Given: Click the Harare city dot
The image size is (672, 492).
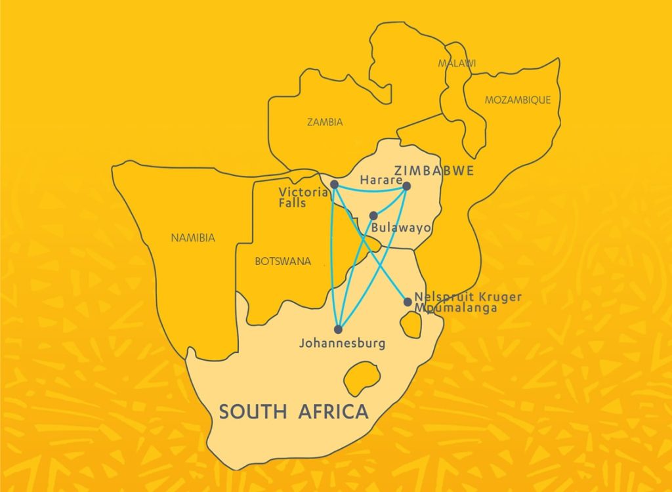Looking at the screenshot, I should pyautogui.click(x=406, y=186).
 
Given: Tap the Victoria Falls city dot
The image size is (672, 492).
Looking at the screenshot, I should pyautogui.click(x=334, y=184).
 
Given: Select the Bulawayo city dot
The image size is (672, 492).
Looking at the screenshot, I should pyautogui.click(x=373, y=216).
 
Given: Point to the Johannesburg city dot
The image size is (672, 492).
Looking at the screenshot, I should pyautogui.click(x=339, y=329).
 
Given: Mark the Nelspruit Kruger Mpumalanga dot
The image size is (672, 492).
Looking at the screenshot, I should pyautogui.click(x=408, y=302).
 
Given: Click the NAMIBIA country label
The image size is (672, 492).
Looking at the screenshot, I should pyautogui.click(x=193, y=238).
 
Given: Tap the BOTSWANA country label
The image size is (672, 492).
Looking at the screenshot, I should pyautogui.click(x=282, y=261).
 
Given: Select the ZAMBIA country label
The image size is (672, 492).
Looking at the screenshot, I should pyautogui.click(x=325, y=122).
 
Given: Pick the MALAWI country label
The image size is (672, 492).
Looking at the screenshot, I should pyautogui.click(x=457, y=63).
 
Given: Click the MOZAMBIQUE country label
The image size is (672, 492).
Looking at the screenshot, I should pyautogui.click(x=518, y=100).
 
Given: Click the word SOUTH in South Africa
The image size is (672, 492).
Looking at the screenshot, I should pyautogui.click(x=252, y=412).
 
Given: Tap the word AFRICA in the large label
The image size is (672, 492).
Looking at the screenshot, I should pyautogui.click(x=333, y=412).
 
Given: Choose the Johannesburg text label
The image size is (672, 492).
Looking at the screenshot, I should pyautogui.click(x=342, y=343).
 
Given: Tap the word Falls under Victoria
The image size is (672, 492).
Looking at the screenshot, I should pyautogui.click(x=292, y=203).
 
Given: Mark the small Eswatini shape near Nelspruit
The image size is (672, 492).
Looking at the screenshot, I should pyautogui.click(x=411, y=325).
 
